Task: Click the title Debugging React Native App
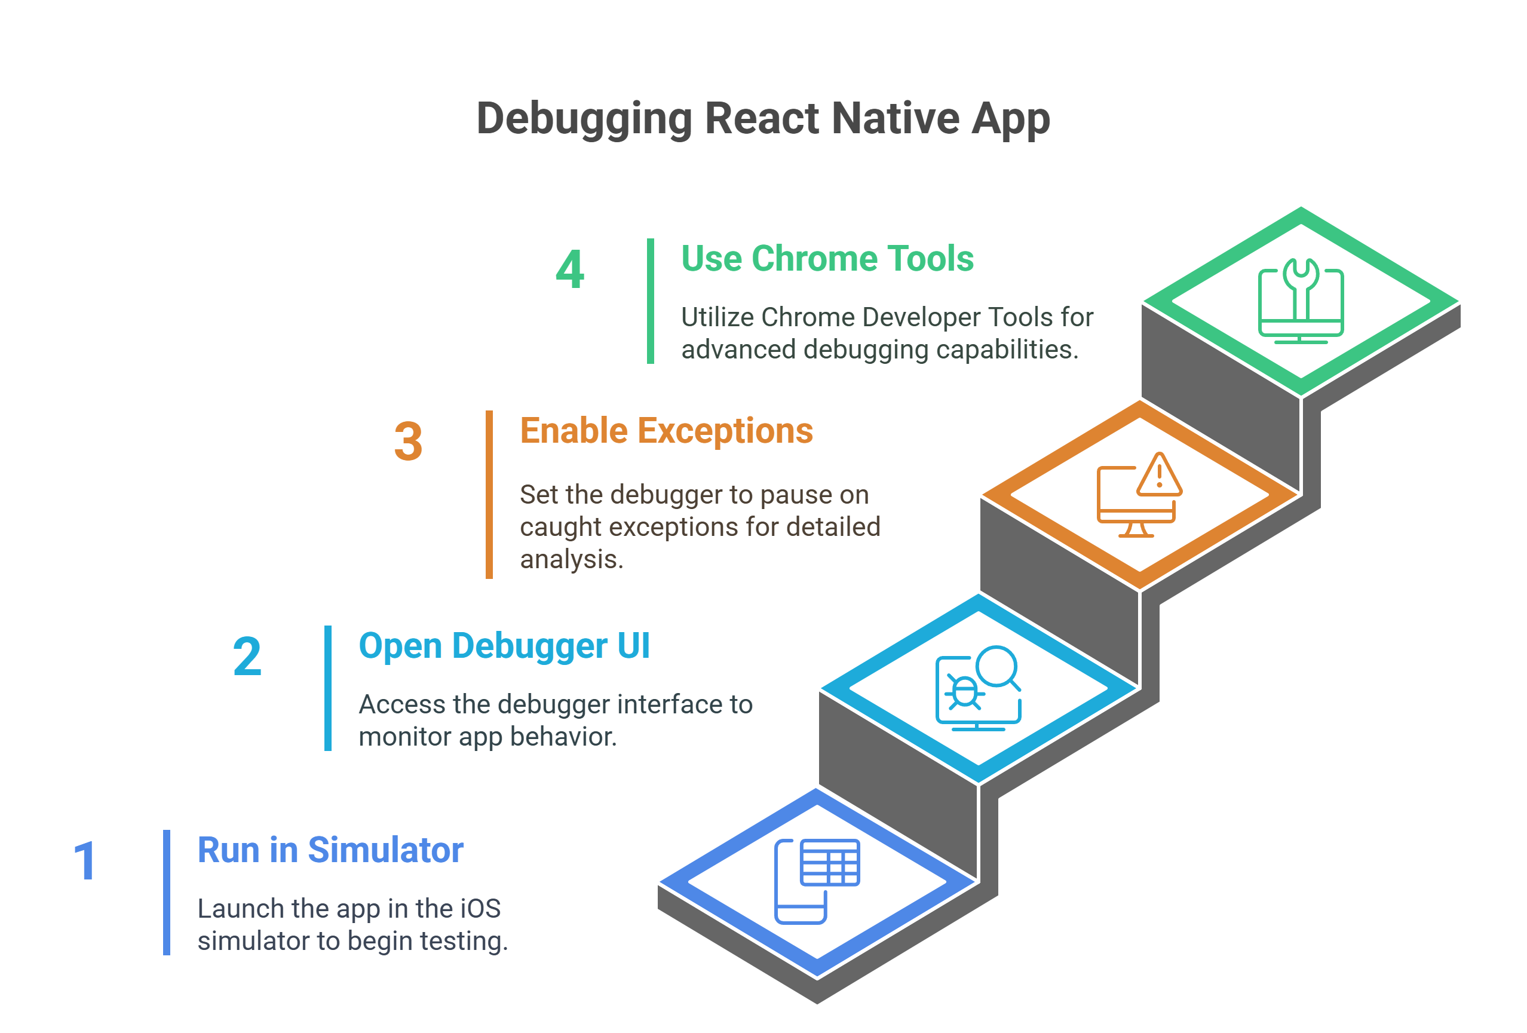click(763, 119)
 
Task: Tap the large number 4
click(570, 269)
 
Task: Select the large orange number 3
click(408, 441)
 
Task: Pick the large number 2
click(247, 657)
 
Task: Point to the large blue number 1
click(85, 861)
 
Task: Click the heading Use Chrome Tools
click(827, 258)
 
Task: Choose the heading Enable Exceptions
click(666, 432)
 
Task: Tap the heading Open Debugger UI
click(505, 646)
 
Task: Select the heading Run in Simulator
click(330, 850)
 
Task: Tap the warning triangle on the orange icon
click(1160, 474)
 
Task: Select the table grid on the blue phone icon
click(830, 862)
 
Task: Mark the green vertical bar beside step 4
click(651, 301)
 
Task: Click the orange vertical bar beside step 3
click(489, 495)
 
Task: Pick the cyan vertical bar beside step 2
click(328, 688)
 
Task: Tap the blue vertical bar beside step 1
click(167, 893)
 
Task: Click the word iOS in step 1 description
click(480, 909)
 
